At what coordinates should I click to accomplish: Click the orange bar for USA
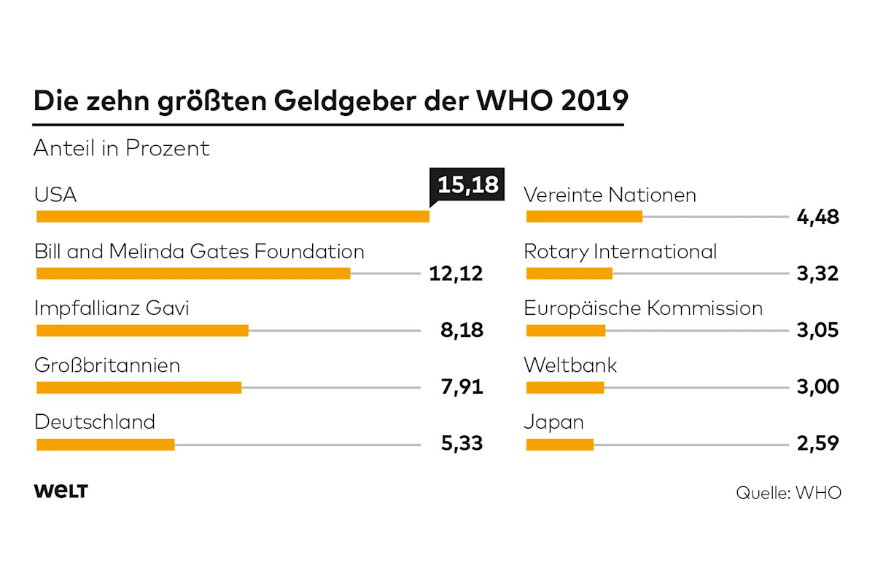233,217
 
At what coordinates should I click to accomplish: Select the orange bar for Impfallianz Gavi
142,330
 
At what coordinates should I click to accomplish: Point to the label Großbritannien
107,365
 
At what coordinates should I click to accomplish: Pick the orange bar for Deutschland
105,444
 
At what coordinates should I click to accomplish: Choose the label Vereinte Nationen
610,195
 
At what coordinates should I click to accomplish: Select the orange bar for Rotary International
569,273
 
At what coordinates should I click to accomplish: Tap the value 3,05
818,330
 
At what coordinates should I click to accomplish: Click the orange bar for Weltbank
565,387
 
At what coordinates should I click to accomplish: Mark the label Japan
553,422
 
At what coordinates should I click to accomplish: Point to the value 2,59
818,443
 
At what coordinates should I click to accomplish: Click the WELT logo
61,491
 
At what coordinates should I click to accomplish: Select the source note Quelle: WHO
788,493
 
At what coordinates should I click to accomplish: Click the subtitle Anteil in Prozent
122,148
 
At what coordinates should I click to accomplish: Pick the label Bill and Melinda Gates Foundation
199,252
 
